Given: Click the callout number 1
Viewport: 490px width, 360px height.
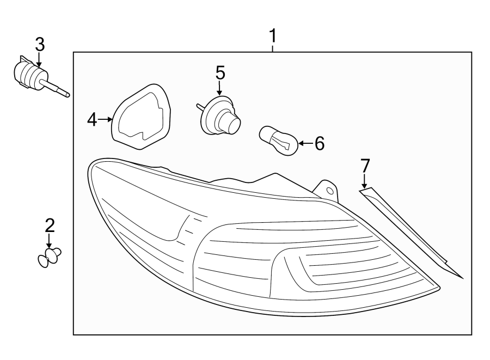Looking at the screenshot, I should (x=272, y=36).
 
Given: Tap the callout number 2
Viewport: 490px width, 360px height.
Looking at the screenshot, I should (x=50, y=224).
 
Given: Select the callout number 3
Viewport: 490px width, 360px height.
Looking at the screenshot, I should (x=39, y=45).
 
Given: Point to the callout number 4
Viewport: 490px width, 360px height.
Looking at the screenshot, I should (x=92, y=119).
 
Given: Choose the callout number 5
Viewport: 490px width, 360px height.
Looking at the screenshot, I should (x=220, y=72).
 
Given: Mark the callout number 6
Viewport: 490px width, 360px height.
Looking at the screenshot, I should (x=319, y=144).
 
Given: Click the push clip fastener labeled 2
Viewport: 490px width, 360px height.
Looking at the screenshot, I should (x=49, y=257).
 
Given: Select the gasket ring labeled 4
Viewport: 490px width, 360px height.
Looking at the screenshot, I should (x=143, y=115).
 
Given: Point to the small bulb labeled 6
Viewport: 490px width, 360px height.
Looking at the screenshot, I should (x=278, y=141).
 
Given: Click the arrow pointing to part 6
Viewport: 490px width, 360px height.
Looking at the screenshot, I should (x=305, y=144).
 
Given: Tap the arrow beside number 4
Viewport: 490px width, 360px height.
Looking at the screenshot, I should (x=106, y=119).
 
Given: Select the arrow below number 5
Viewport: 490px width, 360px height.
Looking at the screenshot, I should (x=220, y=88).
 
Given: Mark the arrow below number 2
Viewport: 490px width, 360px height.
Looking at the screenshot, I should (x=50, y=240).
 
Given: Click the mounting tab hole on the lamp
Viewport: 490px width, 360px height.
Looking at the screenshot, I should (x=330, y=190).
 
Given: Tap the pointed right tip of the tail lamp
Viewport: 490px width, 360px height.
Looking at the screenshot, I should (x=438, y=285).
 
